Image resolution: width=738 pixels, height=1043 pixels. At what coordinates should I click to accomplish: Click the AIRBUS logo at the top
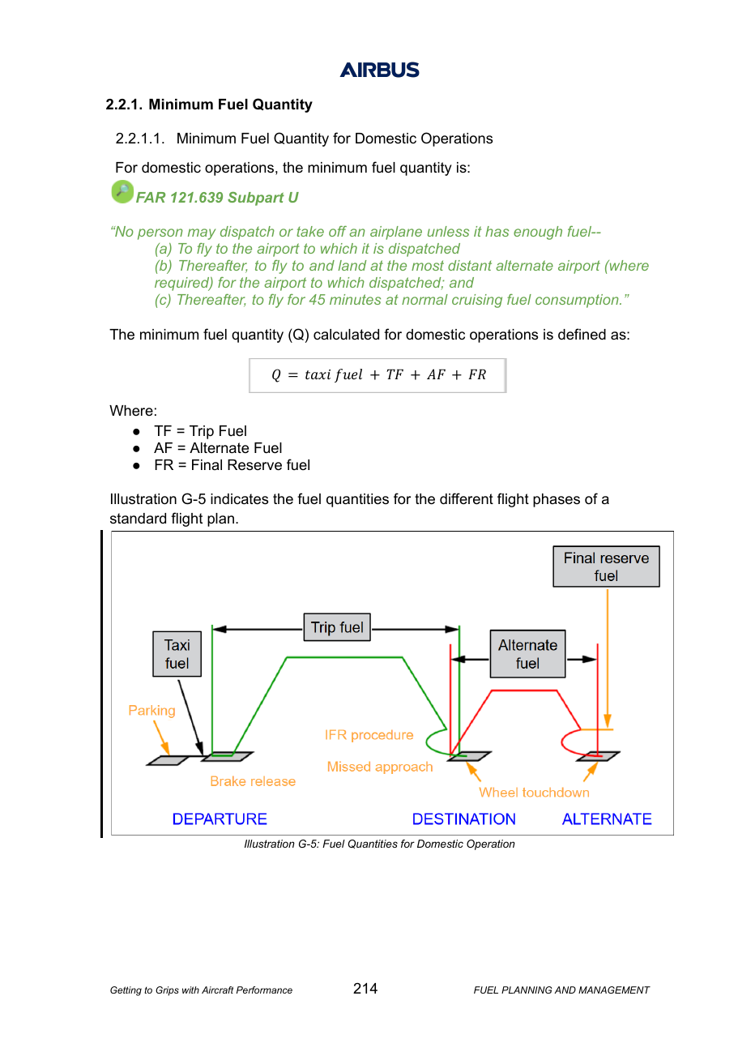(379, 70)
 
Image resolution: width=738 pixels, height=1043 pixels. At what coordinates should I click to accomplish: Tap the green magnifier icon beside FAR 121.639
(122, 192)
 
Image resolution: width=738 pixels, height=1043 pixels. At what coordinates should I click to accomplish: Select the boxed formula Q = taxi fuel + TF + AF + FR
(378, 375)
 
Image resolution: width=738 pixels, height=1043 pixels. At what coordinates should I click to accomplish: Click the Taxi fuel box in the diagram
(177, 654)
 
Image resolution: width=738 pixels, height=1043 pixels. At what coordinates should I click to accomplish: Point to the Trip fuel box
(337, 627)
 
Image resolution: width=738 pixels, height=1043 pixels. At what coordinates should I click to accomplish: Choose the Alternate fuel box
(527, 654)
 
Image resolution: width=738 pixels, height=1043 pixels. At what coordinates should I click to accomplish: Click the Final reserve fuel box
(606, 566)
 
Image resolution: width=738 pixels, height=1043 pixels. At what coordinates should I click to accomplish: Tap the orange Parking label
(151, 711)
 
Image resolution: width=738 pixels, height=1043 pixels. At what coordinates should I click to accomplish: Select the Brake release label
(253, 781)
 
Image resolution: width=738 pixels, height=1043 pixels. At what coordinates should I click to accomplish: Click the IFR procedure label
(369, 735)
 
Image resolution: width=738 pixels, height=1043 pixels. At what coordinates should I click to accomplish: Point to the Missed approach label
(380, 767)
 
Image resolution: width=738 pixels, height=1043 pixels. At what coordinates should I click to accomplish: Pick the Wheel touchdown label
(534, 792)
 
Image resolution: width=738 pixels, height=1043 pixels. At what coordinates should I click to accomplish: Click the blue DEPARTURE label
(220, 819)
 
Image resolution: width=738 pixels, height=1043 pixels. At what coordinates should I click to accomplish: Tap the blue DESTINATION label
(464, 819)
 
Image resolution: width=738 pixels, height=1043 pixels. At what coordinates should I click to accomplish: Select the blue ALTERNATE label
(607, 819)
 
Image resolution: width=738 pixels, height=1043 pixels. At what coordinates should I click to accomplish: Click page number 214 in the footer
(365, 988)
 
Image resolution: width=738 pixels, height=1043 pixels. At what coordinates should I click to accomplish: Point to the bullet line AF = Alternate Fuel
(218, 448)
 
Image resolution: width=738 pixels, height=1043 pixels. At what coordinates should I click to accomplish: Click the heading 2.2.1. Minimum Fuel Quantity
(209, 105)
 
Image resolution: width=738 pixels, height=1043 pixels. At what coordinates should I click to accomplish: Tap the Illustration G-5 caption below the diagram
(379, 844)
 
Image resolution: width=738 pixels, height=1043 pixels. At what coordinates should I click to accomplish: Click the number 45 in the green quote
(317, 300)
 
